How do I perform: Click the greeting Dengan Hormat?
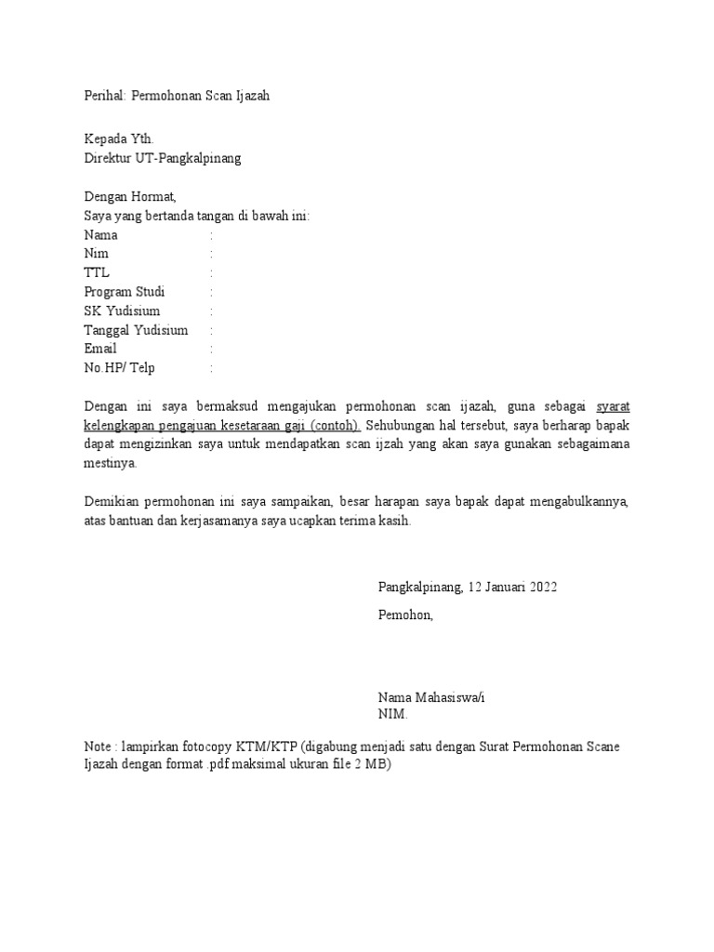[x=129, y=197]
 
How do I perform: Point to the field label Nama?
[x=100, y=235]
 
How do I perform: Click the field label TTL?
[x=96, y=273]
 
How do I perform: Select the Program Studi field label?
[x=124, y=292]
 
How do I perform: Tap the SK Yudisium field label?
[x=122, y=311]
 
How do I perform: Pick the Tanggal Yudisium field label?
[x=136, y=330]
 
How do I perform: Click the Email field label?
[x=100, y=349]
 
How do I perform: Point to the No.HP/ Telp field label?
[x=120, y=368]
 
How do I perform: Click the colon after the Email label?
[x=212, y=349]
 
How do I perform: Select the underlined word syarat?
[x=613, y=406]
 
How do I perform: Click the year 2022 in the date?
[x=543, y=587]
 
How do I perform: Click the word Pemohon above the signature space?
[x=405, y=615]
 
